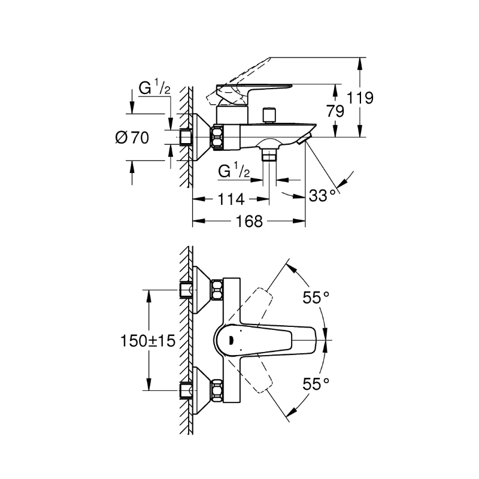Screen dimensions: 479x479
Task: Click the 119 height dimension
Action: coord(360,98)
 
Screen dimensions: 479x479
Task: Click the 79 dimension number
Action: coord(335,111)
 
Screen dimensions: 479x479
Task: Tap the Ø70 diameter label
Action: coord(132,138)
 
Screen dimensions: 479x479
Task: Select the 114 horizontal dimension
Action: coord(231,199)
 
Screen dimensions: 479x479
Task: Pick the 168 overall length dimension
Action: coord(249,221)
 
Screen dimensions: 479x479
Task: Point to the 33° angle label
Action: coord(322,196)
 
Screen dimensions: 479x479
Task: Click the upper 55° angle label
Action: coord(316,297)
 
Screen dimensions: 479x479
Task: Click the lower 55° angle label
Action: coord(316,384)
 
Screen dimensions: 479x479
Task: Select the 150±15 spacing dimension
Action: coord(148,341)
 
